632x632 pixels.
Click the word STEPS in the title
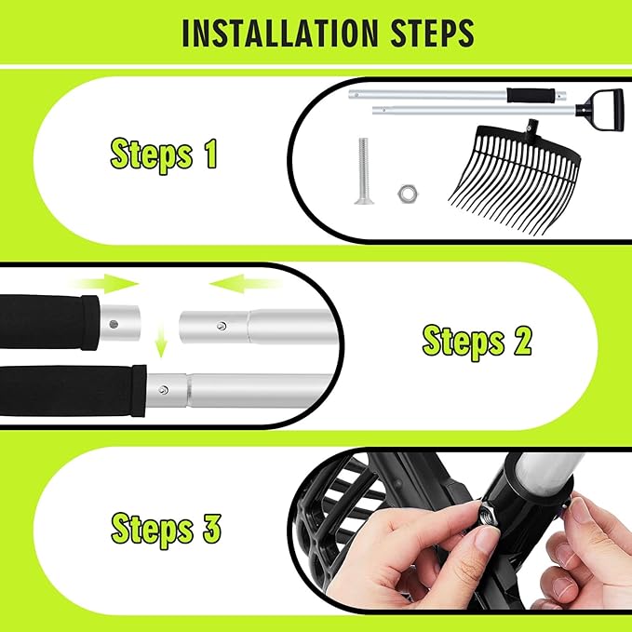pos(433,33)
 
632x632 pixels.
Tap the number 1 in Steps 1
pos(210,154)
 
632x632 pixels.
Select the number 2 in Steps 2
pos(523,340)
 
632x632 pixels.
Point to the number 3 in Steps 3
pos(211,527)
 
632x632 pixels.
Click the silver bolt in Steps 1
pos(362,170)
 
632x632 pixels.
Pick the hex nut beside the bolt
pos(405,194)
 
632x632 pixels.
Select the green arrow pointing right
pos(108,283)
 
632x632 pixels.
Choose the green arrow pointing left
pos(246,284)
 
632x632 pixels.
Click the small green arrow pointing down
pos(161,343)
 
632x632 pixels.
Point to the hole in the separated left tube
pos(114,324)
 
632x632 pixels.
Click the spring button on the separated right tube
pos(221,326)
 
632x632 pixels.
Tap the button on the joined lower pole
pos(163,390)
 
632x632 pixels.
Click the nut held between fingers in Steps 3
pos(487,514)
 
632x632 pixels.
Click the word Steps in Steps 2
pos(464,343)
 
